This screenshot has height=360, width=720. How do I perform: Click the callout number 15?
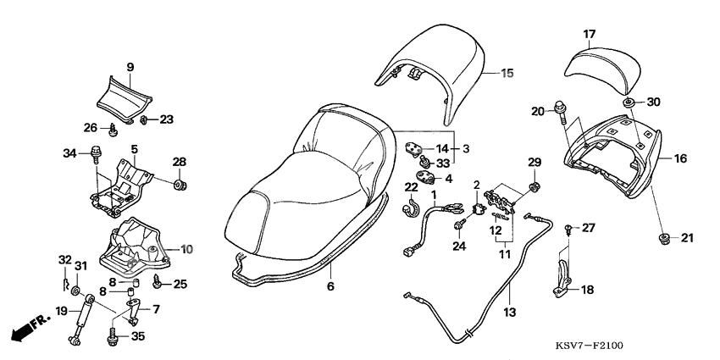[507, 73]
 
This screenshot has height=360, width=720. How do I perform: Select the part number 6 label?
[330, 286]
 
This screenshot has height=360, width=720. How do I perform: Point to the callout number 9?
[130, 67]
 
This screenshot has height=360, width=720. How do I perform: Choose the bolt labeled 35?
[114, 337]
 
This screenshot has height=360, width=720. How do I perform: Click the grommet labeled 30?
[629, 103]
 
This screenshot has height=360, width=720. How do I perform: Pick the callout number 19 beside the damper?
[61, 311]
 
